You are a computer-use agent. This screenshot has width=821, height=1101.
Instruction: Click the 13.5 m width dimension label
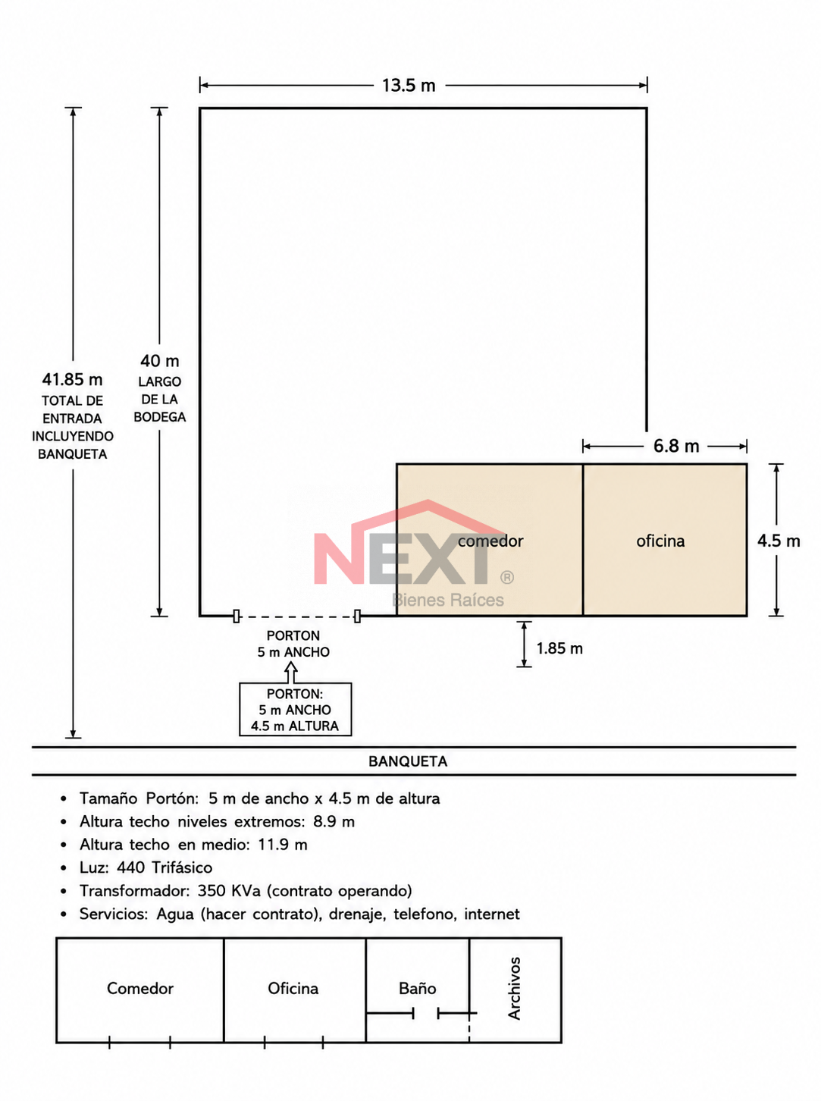409,85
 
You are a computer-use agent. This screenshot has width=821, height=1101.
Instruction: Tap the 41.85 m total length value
72,380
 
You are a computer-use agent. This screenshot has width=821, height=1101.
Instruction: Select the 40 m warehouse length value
159,361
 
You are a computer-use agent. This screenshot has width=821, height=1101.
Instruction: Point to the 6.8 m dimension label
675,446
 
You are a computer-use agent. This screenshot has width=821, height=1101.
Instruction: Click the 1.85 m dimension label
559,648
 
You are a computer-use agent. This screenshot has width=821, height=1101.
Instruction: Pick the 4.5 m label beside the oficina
779,541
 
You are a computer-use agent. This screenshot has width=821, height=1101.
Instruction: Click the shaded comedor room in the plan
490,540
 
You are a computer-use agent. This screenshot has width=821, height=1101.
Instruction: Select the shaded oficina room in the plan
665,540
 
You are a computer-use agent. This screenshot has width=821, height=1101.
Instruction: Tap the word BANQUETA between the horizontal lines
408,761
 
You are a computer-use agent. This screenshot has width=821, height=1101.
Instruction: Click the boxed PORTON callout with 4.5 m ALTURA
296,710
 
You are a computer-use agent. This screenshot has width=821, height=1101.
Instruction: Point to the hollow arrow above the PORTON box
291,672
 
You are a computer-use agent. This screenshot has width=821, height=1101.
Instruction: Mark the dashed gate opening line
296,616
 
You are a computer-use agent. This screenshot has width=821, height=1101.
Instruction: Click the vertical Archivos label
515,988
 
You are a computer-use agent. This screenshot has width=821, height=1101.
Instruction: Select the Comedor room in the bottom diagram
140,990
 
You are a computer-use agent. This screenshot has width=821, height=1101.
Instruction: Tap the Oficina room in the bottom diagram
295,990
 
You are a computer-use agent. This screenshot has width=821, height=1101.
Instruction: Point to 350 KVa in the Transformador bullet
229,891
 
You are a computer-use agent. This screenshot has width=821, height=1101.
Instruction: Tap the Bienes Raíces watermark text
448,600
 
